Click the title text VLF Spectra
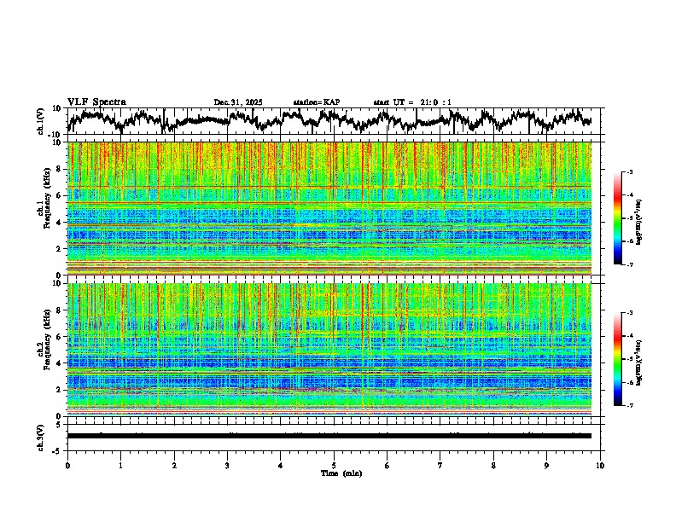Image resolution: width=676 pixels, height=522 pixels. point(96,101)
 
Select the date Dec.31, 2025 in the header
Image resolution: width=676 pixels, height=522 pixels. point(238,102)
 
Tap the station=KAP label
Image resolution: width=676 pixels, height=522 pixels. point(316,102)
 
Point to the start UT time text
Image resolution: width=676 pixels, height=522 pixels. point(412,102)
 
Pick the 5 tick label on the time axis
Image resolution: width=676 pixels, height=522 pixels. point(334,465)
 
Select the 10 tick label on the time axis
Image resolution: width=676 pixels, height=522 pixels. point(600,465)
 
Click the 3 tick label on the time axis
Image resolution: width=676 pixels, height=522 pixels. point(227,465)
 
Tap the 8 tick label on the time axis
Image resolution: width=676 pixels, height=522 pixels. point(493,465)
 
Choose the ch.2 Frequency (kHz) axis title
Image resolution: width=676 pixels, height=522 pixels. point(44,350)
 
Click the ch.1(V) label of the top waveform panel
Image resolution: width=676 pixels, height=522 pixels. point(42,121)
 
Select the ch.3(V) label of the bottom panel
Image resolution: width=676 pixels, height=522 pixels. point(42,435)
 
